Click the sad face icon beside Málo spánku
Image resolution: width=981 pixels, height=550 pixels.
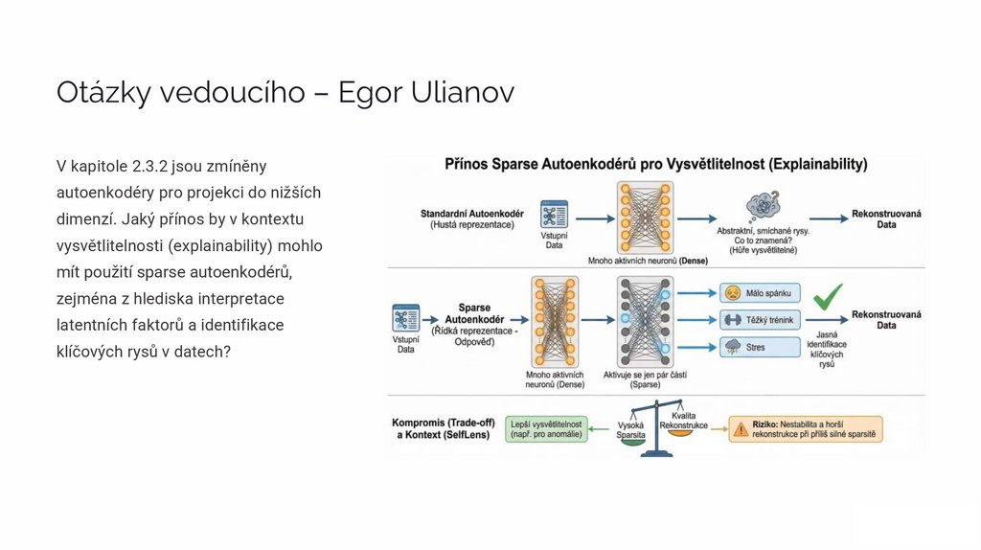[x=732, y=292]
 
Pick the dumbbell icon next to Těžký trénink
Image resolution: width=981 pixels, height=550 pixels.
[x=732, y=319]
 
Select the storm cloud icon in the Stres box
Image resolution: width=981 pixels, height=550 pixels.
[x=732, y=346]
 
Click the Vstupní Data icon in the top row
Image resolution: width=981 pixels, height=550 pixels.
[x=554, y=215]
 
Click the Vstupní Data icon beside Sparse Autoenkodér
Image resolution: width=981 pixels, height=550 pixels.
[x=406, y=319]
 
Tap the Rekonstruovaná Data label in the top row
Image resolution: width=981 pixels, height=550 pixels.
[x=886, y=218]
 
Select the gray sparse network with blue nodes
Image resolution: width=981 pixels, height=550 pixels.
[x=639, y=320]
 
